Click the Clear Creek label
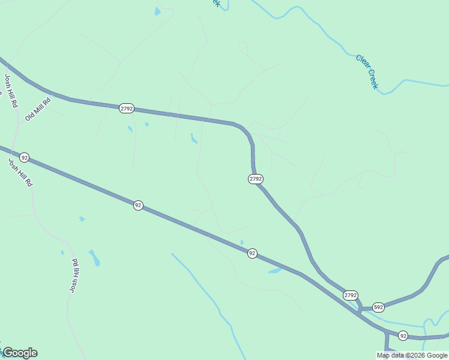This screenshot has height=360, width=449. pos(367,72)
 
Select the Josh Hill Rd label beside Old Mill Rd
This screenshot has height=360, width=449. pos(11,91)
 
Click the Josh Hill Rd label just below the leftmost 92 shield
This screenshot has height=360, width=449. pos(20,172)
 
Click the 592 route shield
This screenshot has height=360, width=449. pos(378,307)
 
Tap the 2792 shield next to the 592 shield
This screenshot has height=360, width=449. pos(351,295)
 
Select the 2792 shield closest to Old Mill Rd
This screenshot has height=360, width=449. pos(126,108)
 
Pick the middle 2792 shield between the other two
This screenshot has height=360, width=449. pos(256,179)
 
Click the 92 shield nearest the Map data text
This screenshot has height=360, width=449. pos(403,335)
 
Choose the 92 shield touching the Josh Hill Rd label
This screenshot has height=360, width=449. pos(24,157)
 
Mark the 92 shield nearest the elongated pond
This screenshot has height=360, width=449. pos(252,254)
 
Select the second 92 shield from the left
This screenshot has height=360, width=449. pos(138,205)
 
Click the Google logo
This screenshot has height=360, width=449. pos(20,353)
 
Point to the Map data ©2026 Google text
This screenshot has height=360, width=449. pos(412,355)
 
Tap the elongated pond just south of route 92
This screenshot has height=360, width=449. pos(275,271)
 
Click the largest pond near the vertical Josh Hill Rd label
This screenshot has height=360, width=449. pos(95,258)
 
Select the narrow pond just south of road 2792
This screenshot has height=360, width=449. pos(194,139)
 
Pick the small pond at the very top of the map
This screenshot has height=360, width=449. pos(157,11)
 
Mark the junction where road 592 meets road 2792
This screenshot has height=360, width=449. pos(360,308)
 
